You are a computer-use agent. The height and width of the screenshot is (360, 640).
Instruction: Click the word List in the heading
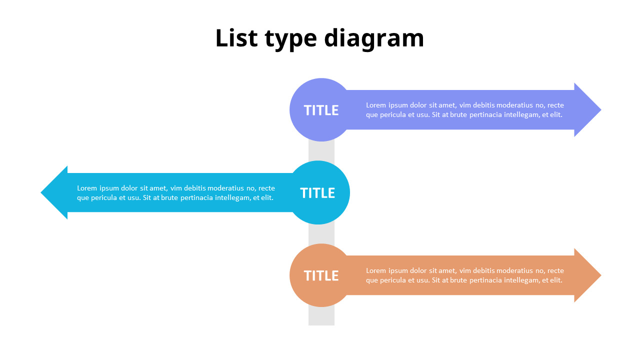pyautogui.click(x=234, y=38)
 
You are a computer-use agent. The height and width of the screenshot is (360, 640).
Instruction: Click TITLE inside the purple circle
pyautogui.click(x=321, y=110)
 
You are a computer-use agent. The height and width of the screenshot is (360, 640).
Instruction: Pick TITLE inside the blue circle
pyautogui.click(x=317, y=193)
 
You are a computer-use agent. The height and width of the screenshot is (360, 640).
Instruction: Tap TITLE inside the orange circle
pyautogui.click(x=321, y=276)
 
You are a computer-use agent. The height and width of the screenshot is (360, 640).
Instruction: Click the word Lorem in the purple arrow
pyautogui.click(x=376, y=105)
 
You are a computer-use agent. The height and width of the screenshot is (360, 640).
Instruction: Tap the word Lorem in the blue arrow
pyautogui.click(x=87, y=188)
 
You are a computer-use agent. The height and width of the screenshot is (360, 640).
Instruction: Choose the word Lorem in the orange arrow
pyautogui.click(x=376, y=270)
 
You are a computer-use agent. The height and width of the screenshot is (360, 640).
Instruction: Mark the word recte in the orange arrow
pyautogui.click(x=555, y=270)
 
